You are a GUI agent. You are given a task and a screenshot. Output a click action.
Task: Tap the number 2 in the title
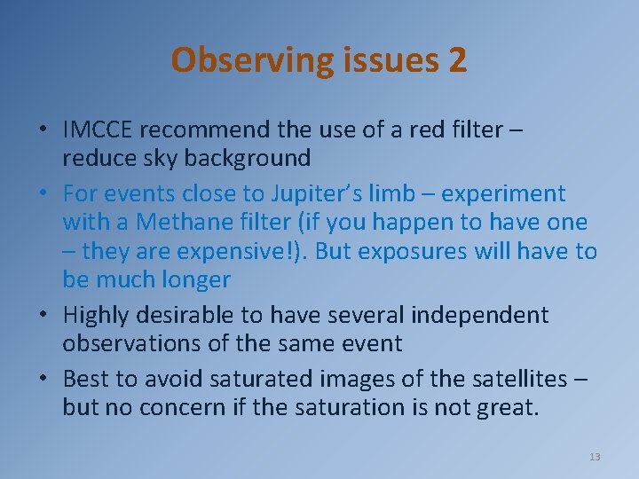pos(457,60)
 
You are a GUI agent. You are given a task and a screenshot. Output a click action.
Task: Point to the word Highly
pos(97,315)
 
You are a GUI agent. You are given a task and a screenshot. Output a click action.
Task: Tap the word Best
pos(86,379)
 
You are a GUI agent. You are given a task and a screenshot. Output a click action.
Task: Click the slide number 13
pos(595,457)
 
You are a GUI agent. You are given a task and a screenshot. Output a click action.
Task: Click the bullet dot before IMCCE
pos(43,130)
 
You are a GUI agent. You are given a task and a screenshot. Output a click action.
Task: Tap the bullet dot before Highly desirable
pos(43,316)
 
